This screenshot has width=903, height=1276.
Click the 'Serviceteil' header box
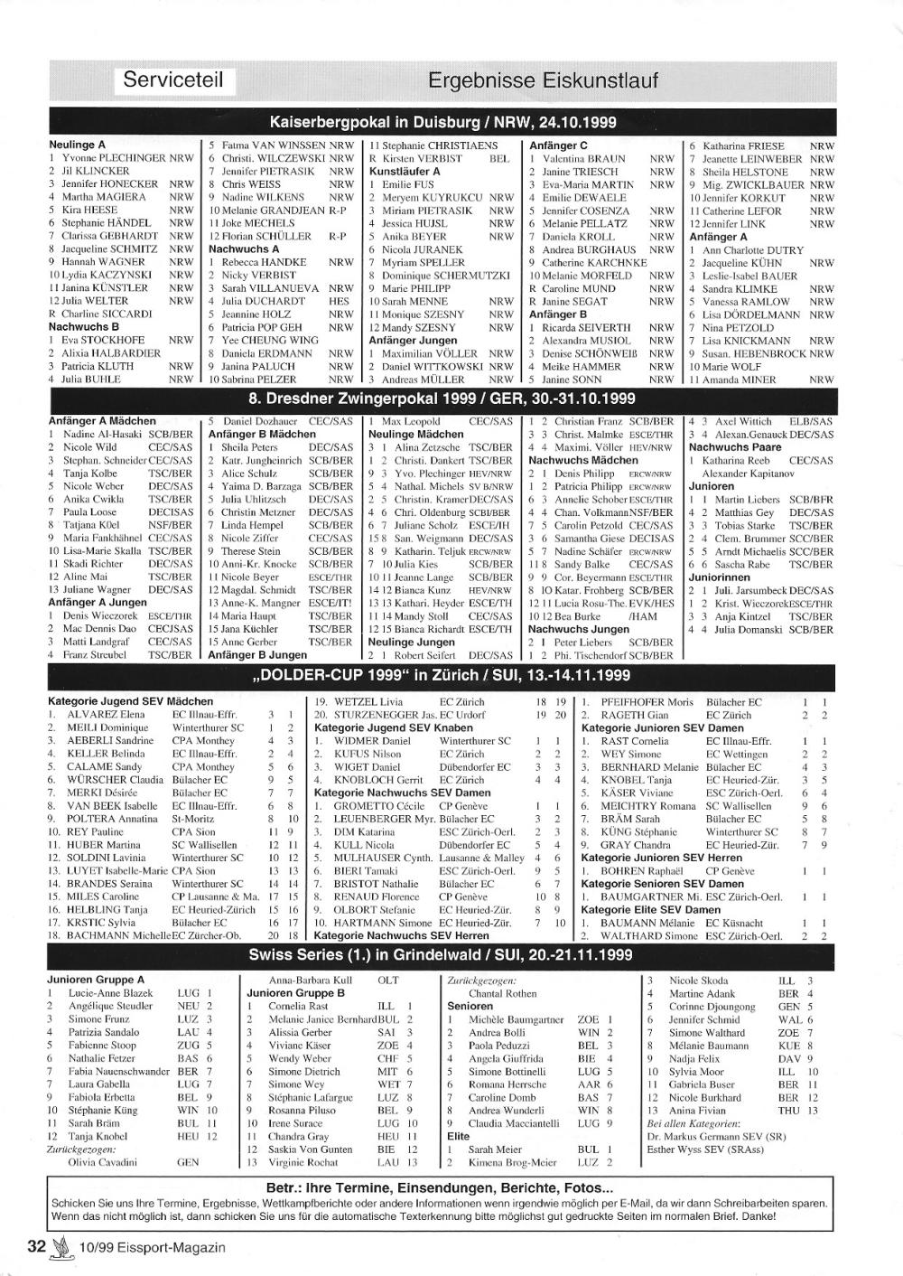pos(178,80)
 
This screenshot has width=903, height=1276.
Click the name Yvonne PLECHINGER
pos(113,158)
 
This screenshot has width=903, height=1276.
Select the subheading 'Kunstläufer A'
pos(405,171)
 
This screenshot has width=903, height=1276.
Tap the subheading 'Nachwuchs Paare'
pos(734,446)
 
